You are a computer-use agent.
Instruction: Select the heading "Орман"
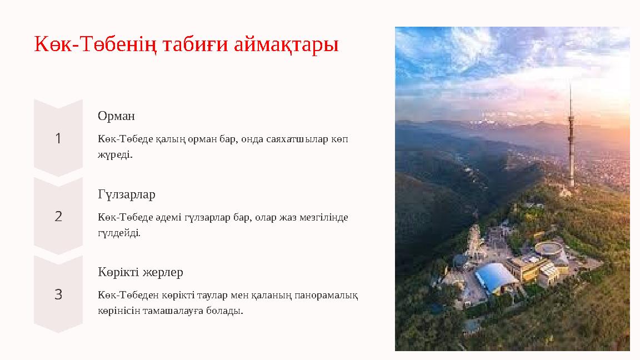pyautogui.click(x=116, y=116)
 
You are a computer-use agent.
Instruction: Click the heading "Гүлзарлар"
pyautogui.click(x=127, y=194)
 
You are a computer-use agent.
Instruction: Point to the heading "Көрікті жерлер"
pyautogui.click(x=141, y=272)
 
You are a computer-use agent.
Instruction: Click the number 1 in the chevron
pyautogui.click(x=58, y=138)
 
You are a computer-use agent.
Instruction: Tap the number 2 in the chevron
pyautogui.click(x=58, y=216)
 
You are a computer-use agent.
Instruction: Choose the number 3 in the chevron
pyautogui.click(x=58, y=294)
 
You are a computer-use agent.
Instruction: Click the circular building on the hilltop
pyautogui.click(x=548, y=248)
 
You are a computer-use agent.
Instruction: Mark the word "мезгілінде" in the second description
pyautogui.click(x=326, y=217)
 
